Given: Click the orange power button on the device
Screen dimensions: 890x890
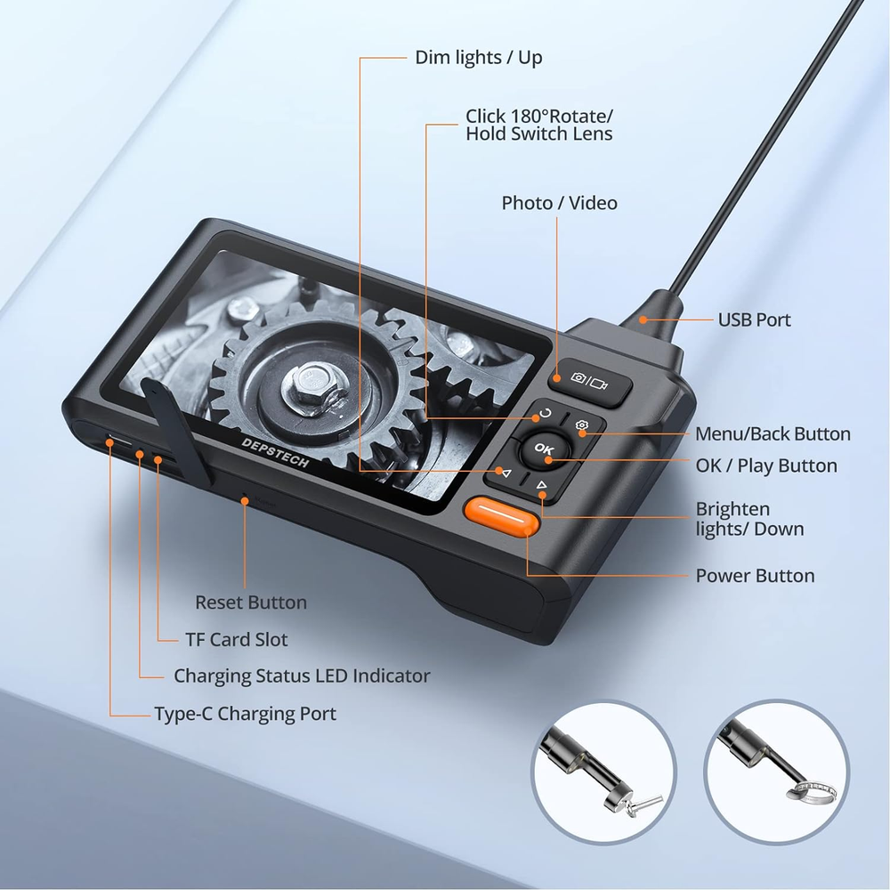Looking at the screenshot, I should (501, 516).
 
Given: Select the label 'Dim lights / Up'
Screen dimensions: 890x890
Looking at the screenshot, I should (479, 58).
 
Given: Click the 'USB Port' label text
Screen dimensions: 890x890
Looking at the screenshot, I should (754, 320).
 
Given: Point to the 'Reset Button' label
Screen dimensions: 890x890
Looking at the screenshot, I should (251, 603).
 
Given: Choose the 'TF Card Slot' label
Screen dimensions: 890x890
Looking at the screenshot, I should (236, 639).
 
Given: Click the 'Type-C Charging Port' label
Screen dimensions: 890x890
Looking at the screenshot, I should (245, 714).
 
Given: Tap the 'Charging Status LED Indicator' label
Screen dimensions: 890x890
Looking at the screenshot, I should (302, 676).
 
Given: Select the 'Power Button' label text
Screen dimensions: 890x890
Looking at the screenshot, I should (755, 576).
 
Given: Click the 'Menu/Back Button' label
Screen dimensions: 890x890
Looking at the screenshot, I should (773, 434).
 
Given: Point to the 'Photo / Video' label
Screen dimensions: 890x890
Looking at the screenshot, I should (559, 203).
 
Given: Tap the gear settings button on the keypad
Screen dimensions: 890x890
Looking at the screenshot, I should (582, 426).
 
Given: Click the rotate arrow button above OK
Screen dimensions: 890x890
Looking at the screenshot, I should (545, 414).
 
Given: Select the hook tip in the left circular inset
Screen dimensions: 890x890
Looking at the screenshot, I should (643, 804).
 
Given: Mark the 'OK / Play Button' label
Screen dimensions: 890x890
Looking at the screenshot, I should (766, 465).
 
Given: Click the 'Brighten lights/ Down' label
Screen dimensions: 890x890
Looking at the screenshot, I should (749, 519).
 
